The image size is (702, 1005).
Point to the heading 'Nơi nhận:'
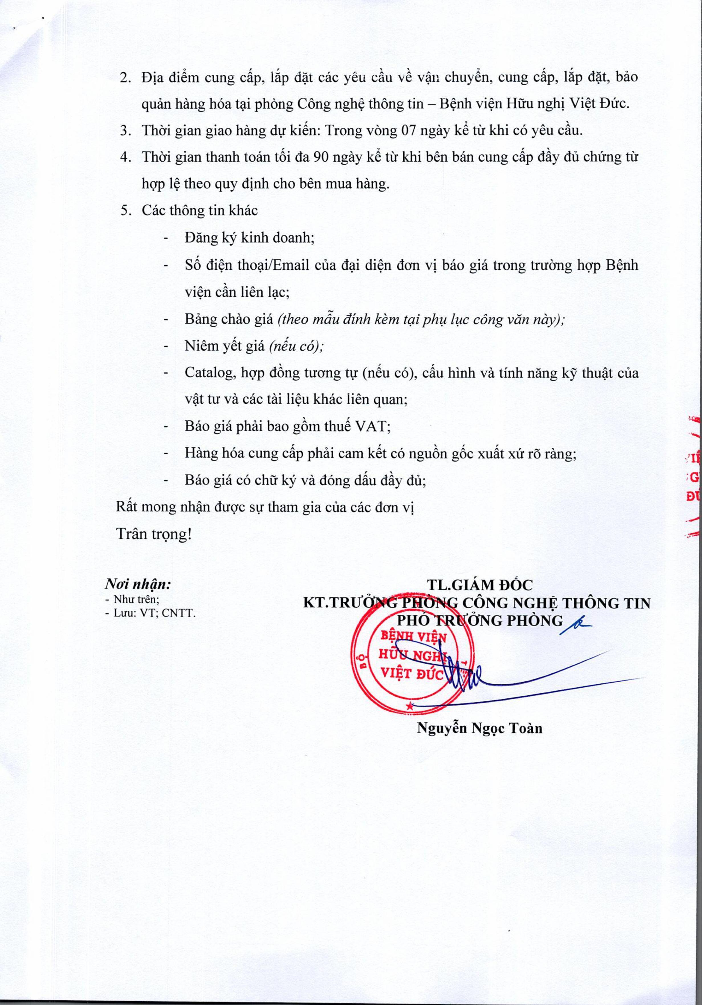pyautogui.click(x=138, y=584)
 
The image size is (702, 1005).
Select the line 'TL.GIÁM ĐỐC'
pyautogui.click(x=480, y=585)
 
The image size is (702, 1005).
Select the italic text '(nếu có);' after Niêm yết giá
pyautogui.click(x=296, y=346)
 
